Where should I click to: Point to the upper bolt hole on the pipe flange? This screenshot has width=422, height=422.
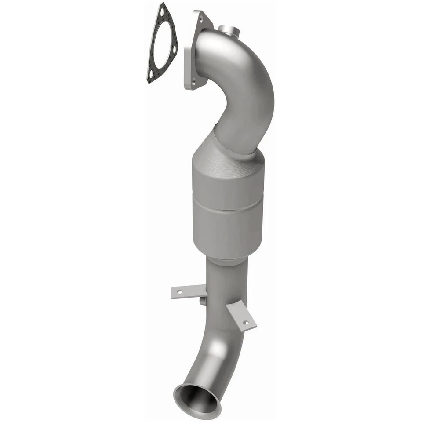click(x=201, y=19)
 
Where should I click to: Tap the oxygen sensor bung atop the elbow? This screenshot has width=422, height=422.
click(x=228, y=30)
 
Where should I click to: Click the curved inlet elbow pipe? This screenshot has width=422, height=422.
click(x=246, y=84)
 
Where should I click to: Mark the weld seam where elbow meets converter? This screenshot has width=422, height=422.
click(x=233, y=147)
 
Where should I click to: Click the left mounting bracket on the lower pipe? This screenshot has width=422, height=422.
click(x=188, y=291)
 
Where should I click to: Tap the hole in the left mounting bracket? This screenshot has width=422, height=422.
click(x=180, y=291)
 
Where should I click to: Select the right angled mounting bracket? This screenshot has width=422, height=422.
click(x=240, y=316)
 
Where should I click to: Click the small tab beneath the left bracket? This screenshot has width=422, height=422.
click(x=202, y=301)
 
